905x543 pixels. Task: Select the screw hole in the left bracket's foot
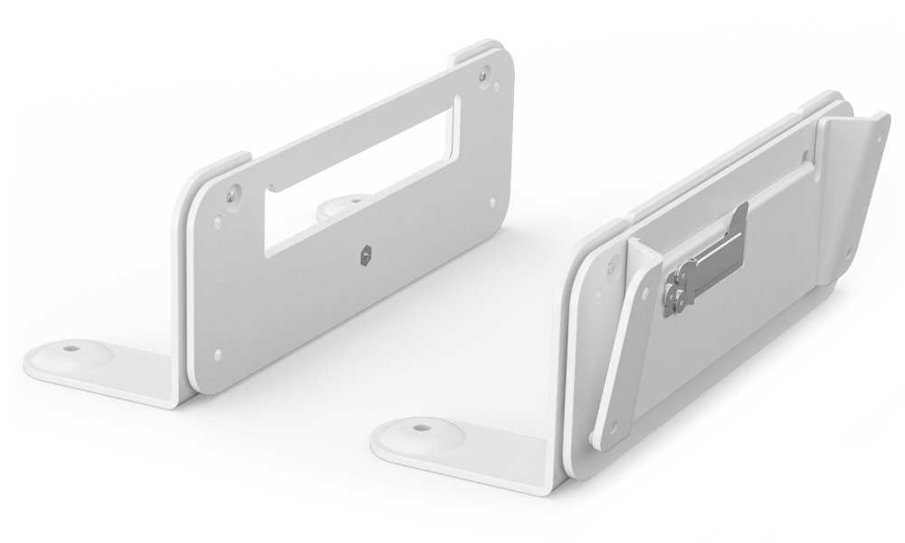click(x=68, y=346)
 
